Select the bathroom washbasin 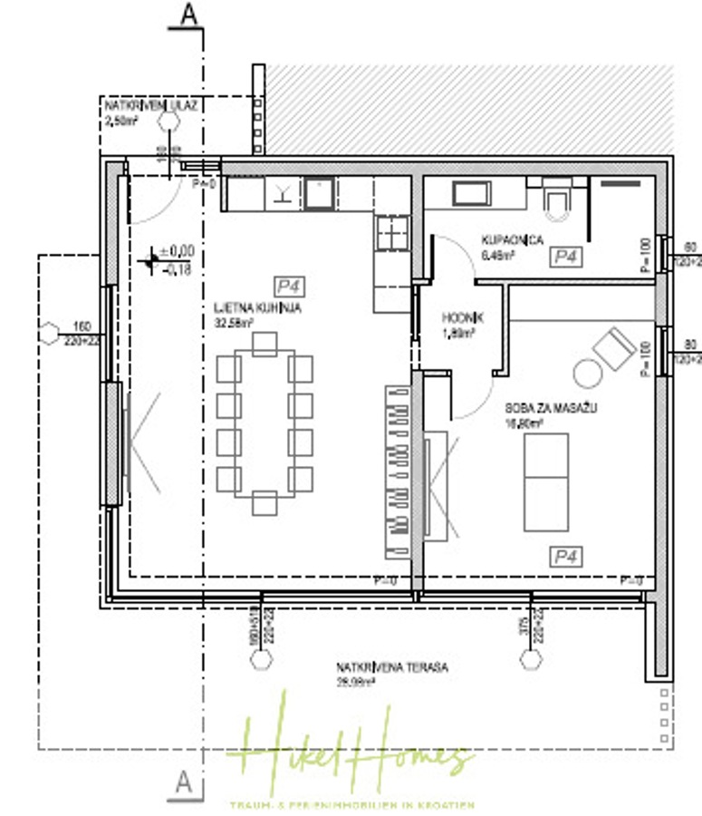471,193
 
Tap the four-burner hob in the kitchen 392,232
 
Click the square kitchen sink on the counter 318,193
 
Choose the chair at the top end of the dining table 264,344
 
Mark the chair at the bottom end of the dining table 264,502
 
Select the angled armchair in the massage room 614,346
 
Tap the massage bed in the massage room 546,481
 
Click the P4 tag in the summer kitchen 290,287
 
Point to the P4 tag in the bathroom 566,257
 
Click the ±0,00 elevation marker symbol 150,261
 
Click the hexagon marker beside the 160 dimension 49,333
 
